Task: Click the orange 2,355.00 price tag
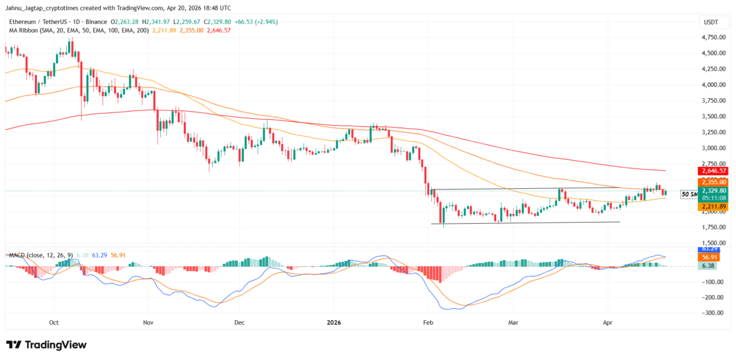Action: point(712,182)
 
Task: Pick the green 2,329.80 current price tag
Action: point(712,191)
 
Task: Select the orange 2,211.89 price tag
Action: point(712,207)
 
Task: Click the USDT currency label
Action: point(710,23)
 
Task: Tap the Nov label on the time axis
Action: point(147,321)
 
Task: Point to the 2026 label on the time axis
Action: point(334,321)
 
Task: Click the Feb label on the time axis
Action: point(427,321)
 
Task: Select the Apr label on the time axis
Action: point(608,321)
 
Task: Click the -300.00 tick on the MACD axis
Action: point(710,313)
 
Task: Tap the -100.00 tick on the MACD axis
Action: point(710,281)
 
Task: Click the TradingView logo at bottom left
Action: point(47,345)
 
